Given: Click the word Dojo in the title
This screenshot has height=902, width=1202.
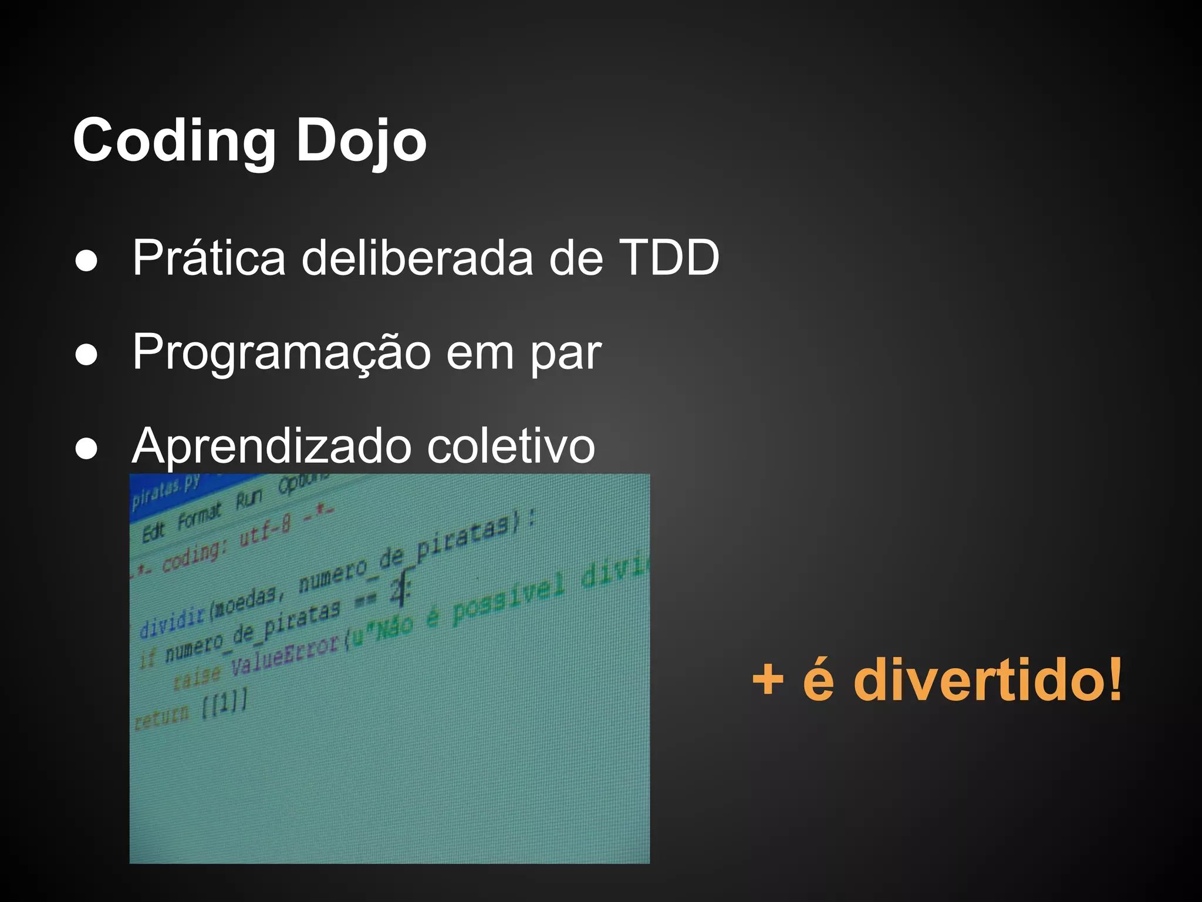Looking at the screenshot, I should [x=360, y=141].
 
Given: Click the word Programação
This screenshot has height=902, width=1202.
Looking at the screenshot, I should [x=282, y=352].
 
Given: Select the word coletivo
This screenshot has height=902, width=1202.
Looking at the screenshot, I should [x=511, y=446].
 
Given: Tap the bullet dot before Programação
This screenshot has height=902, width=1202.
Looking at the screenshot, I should [x=86, y=355].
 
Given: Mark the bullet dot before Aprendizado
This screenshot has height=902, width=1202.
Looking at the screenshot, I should [x=86, y=449].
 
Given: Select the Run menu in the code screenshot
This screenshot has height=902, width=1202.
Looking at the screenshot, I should [x=249, y=499].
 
